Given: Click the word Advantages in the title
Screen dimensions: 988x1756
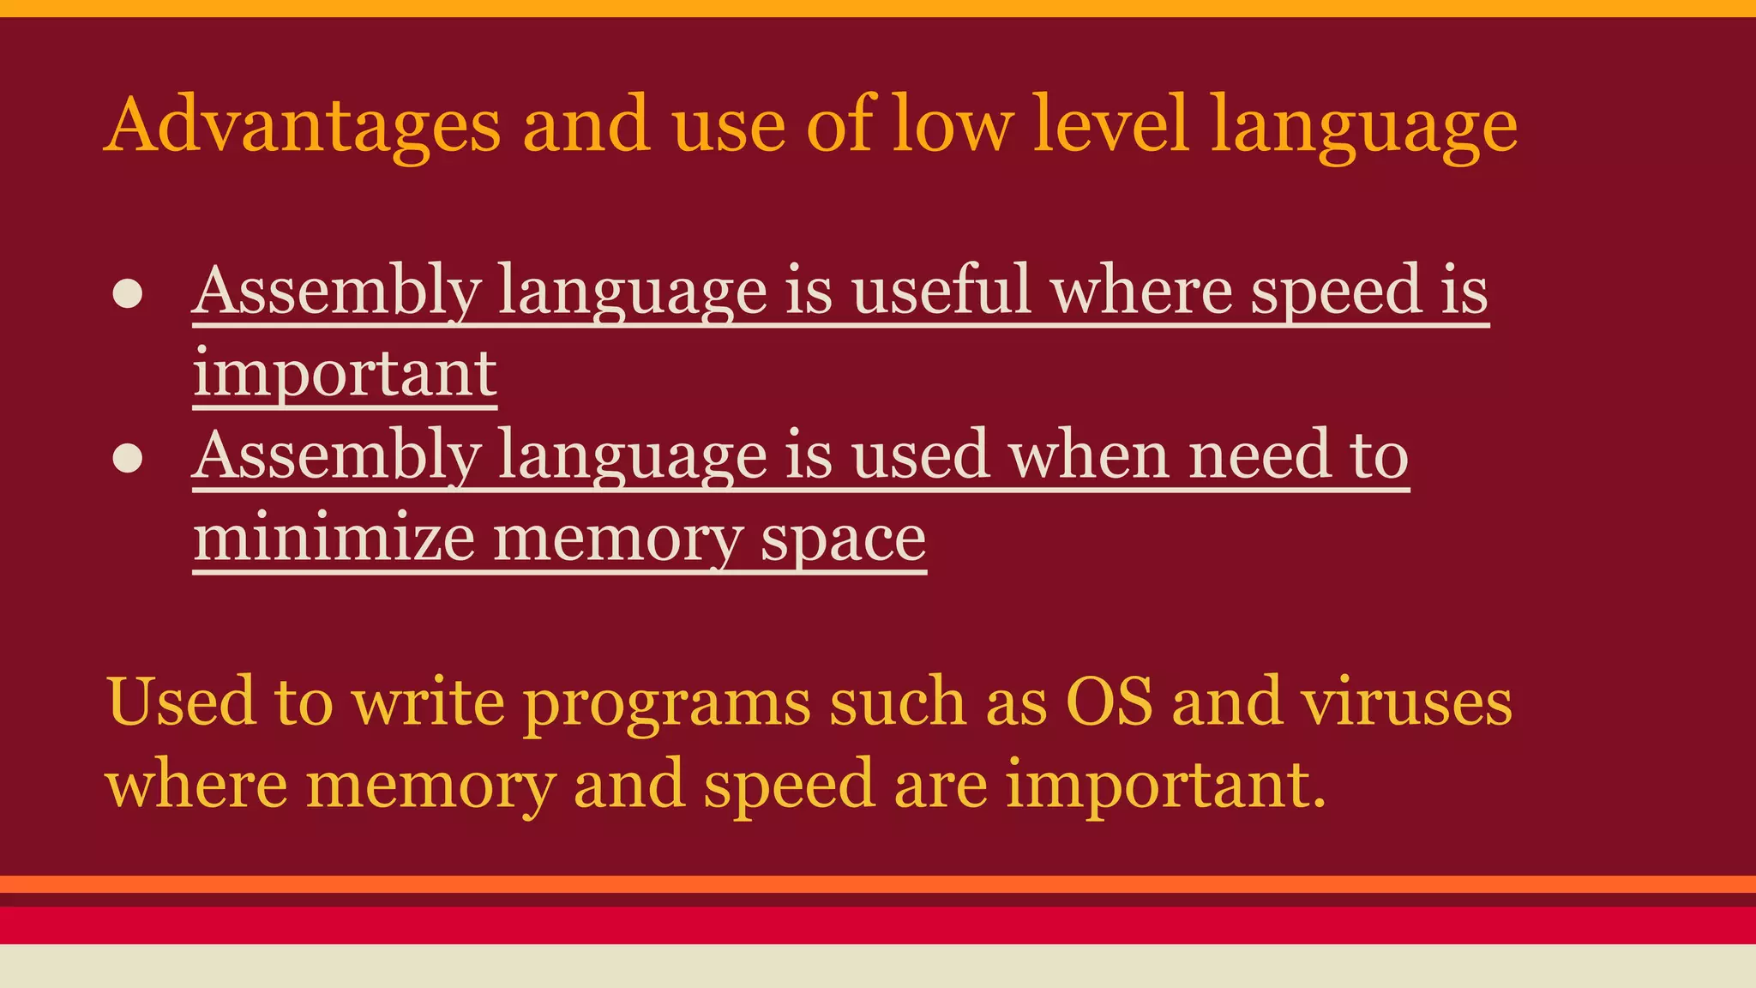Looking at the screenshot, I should (x=302, y=125).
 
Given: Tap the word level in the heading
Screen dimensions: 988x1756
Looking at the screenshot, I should (x=1111, y=125).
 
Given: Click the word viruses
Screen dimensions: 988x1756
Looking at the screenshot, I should (x=1406, y=702).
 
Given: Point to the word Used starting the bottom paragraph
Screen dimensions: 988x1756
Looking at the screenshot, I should (x=181, y=702).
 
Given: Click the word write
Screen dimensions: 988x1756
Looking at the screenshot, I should (x=429, y=702).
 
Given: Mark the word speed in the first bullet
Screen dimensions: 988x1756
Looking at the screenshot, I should (x=1336, y=292).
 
